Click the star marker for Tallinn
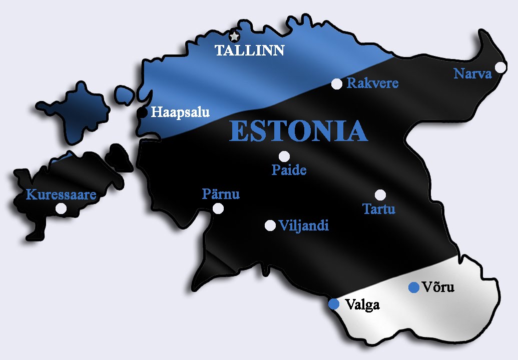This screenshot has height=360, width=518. click(234, 36)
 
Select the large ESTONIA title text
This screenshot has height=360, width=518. click(298, 131)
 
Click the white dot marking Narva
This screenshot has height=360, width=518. click(500, 67)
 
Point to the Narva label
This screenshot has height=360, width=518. click(473, 74)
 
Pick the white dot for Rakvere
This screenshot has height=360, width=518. click(337, 83)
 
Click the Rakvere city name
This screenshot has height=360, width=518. click(372, 82)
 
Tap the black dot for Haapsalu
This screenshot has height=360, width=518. click(143, 112)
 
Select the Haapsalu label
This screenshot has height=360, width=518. click(180, 112)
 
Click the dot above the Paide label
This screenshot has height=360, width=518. click(284, 156)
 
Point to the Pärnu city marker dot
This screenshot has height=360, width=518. click(218, 208)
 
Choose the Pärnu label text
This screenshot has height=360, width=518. click(221, 194)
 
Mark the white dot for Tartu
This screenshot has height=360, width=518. click(380, 195)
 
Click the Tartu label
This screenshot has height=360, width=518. click(379, 209)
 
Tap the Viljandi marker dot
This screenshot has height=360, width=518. click(270, 225)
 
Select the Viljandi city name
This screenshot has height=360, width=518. click(304, 225)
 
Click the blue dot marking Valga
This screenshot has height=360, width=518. click(334, 303)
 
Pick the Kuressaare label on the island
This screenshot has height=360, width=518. click(61, 194)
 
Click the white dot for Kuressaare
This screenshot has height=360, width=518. click(61, 208)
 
